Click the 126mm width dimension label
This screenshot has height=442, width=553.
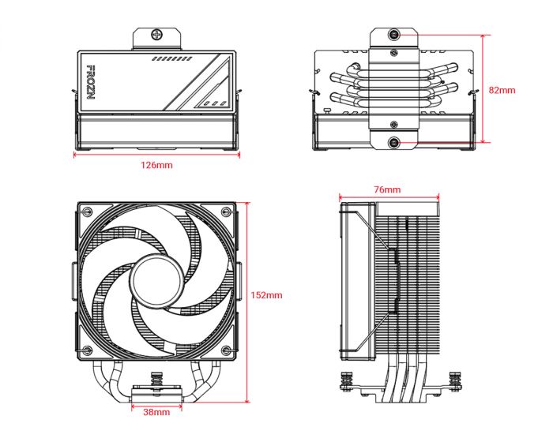(x=156, y=165)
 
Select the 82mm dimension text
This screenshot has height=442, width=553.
(x=502, y=90)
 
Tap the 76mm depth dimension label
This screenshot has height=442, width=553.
(x=387, y=189)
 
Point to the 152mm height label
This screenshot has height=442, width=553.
(x=265, y=295)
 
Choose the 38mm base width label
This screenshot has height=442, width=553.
(x=156, y=411)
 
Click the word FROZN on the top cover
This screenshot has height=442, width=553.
(x=89, y=82)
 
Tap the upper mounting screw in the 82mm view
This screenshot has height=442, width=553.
(x=394, y=36)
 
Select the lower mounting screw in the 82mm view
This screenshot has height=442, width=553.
(x=394, y=142)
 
